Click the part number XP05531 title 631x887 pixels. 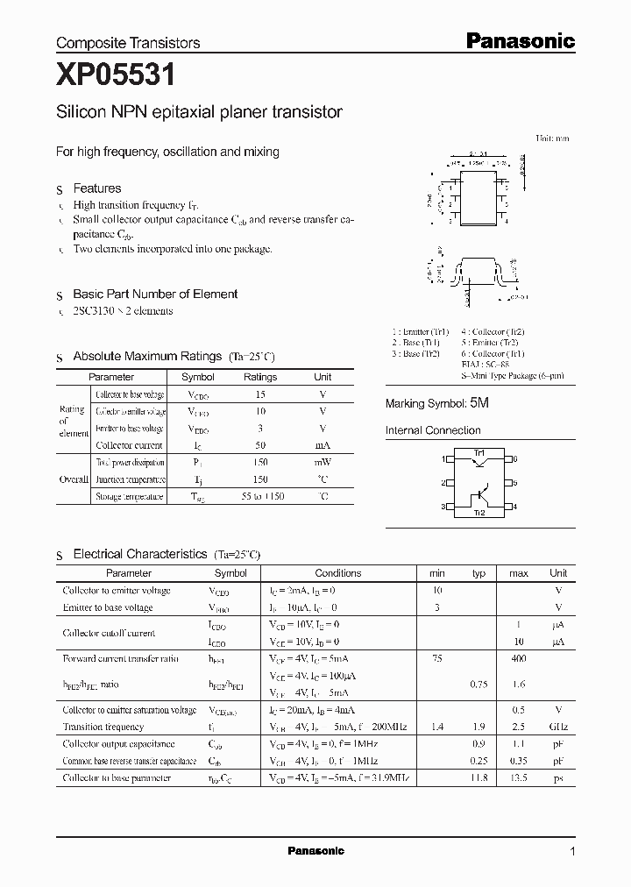(116, 76)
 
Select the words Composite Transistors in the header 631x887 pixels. (128, 43)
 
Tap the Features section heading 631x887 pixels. (96, 188)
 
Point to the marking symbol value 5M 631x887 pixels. (479, 403)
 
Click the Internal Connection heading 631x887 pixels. (433, 430)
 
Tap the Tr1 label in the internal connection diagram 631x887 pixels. (479, 452)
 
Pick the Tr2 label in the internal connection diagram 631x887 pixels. (479, 513)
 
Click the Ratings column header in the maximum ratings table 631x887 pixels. (260, 377)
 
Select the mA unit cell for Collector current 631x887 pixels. (323, 445)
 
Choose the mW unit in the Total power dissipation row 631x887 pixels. (323, 462)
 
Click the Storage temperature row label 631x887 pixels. (129, 497)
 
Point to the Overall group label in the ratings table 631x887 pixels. (74, 479)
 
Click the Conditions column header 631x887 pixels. (337, 573)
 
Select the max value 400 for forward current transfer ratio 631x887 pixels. (519, 658)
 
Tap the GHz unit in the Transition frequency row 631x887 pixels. (558, 727)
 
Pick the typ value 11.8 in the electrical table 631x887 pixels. (479, 777)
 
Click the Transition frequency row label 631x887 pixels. (103, 727)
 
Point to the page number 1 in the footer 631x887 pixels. (572, 851)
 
